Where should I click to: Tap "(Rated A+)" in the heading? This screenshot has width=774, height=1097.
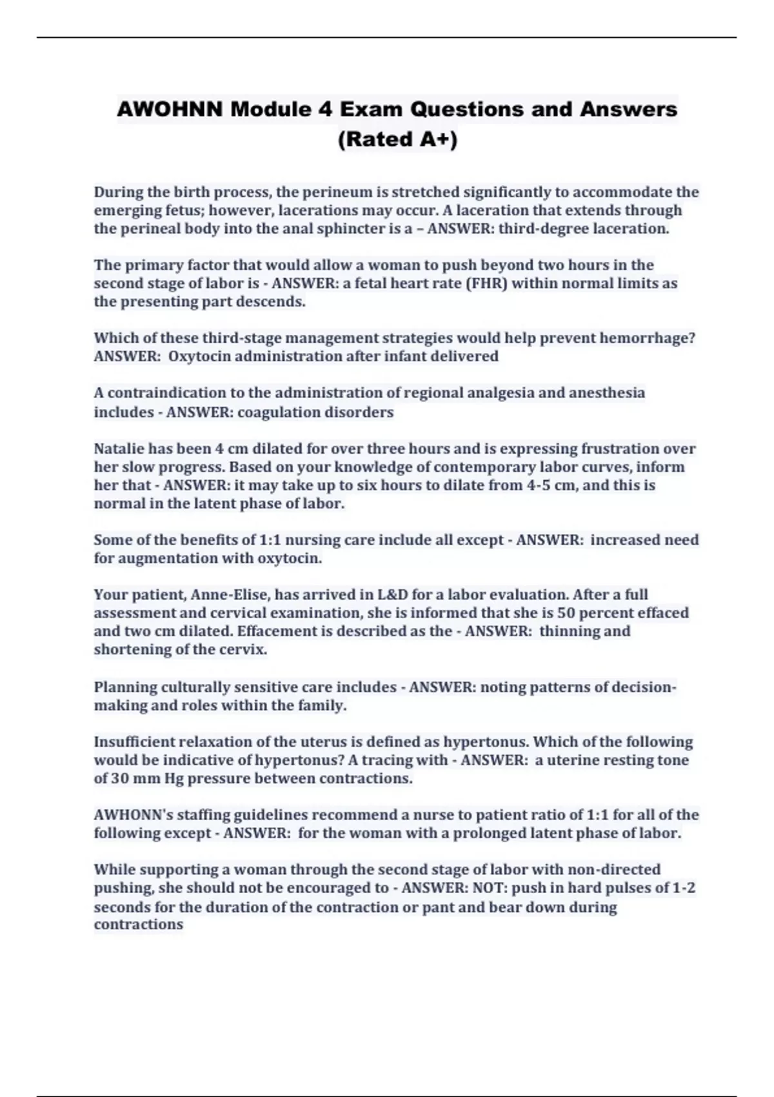coord(397,139)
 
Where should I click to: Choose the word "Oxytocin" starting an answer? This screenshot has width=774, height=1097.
coord(199,356)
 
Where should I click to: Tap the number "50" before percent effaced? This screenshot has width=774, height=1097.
coord(566,612)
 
